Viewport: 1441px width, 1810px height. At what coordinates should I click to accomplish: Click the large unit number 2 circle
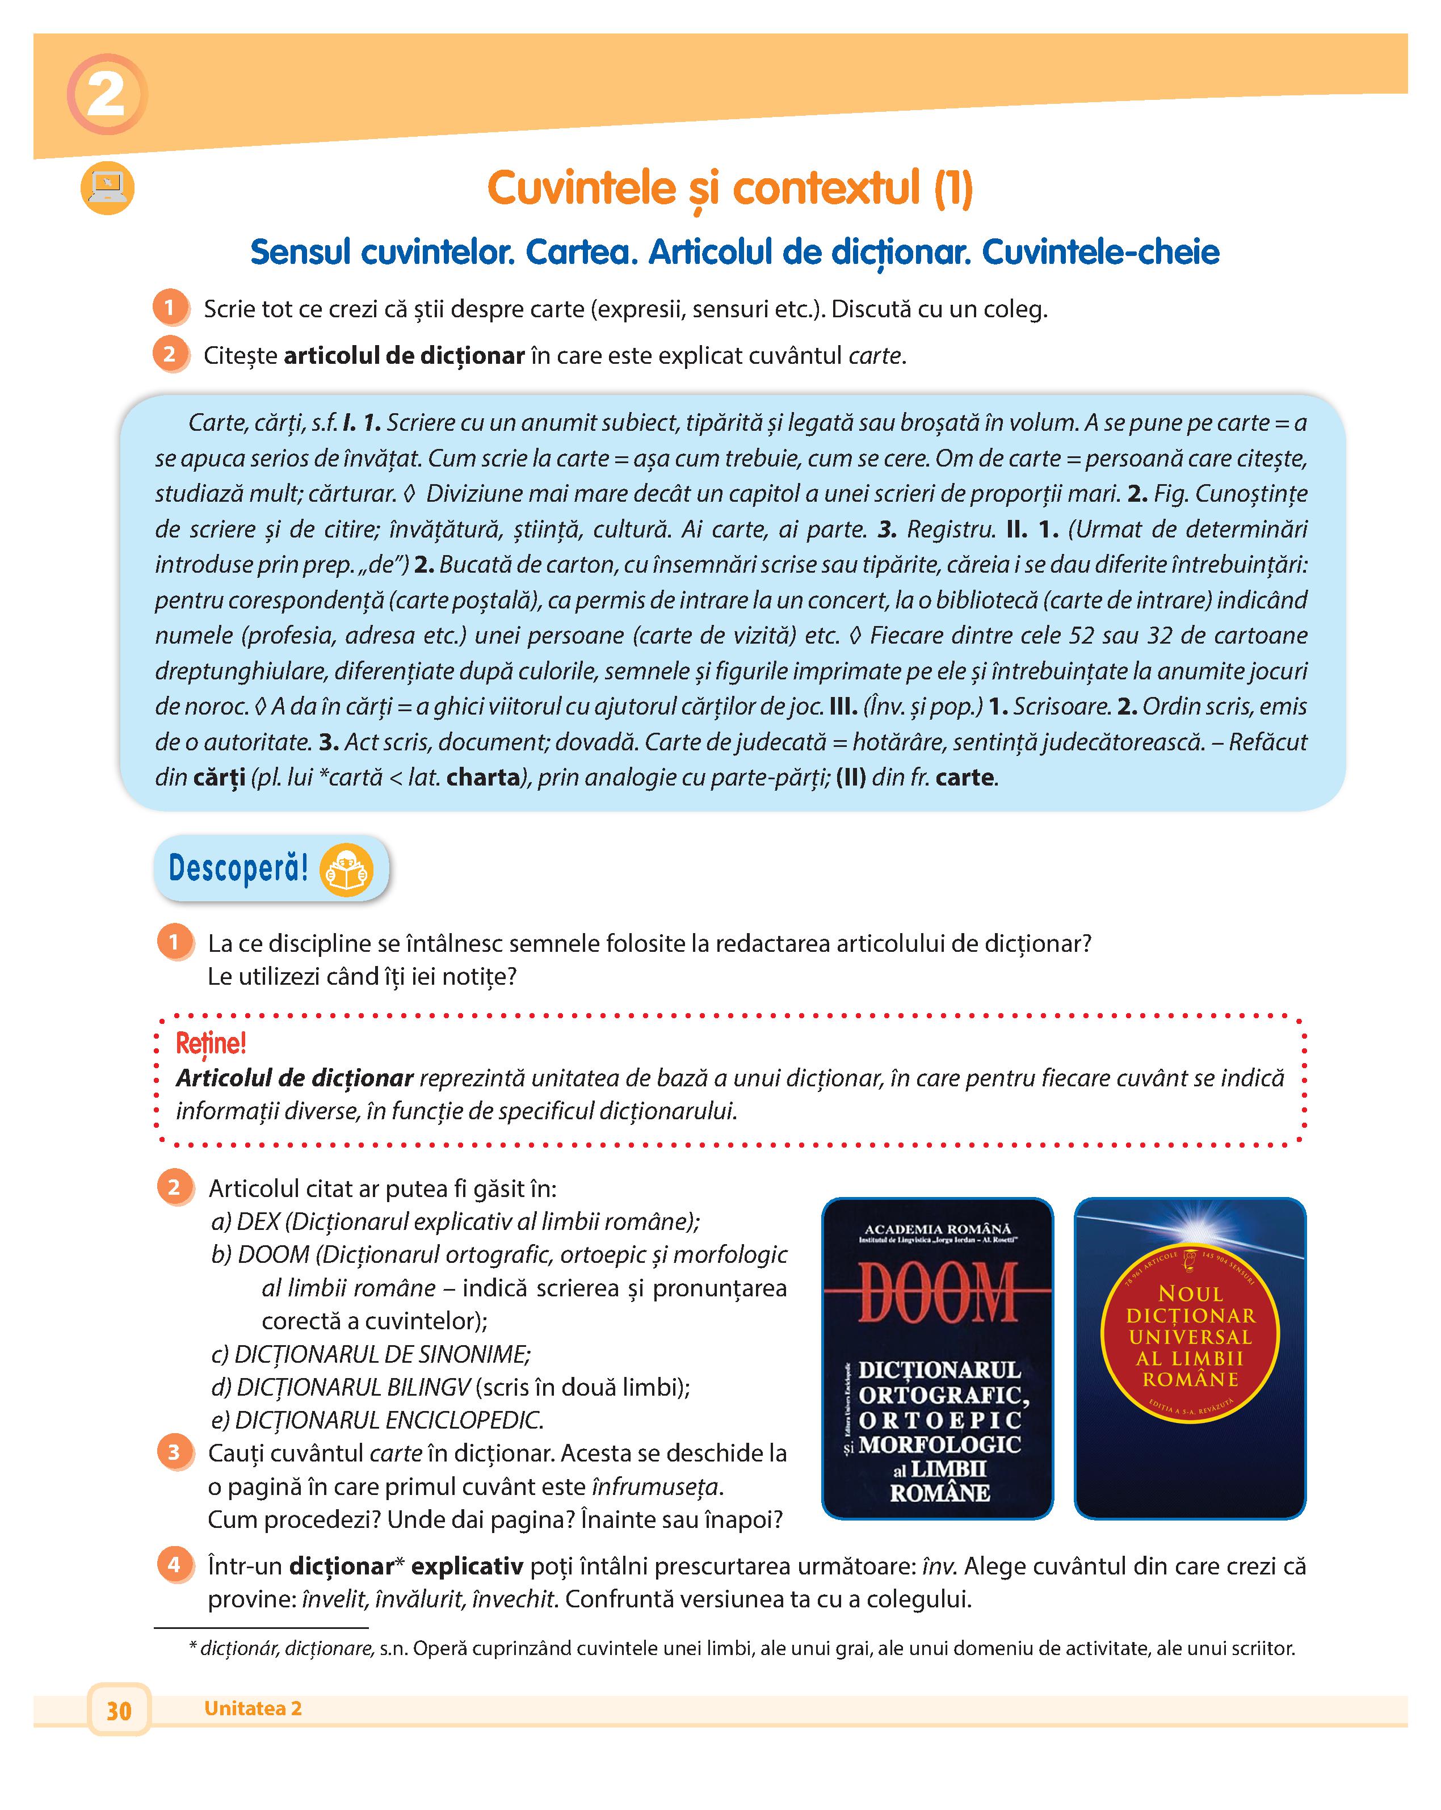coord(107,94)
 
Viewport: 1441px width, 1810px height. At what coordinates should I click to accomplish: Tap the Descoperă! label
coord(238,868)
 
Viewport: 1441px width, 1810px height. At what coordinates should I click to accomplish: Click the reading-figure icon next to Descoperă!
coord(347,870)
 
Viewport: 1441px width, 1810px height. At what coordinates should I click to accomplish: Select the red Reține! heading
coord(211,1044)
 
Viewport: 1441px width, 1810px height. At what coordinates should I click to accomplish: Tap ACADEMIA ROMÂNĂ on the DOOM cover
coord(938,1229)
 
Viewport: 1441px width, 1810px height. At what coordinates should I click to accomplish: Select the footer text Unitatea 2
coord(253,1708)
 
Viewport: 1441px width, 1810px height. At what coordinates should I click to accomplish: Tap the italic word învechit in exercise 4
coord(513,1599)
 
